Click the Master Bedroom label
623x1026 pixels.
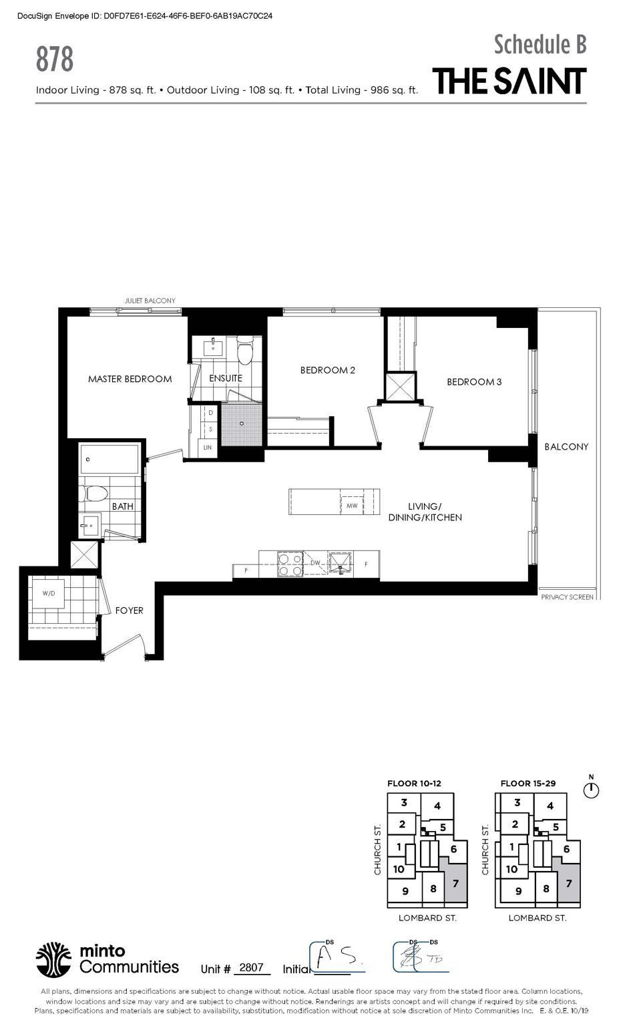(x=130, y=379)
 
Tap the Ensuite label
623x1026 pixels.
(x=226, y=378)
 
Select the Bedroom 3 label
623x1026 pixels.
(x=474, y=382)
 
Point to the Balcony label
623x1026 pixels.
(x=566, y=447)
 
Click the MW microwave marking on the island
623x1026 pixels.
(x=352, y=506)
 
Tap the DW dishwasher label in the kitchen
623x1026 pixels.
(x=315, y=563)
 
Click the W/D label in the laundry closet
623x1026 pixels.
(x=49, y=593)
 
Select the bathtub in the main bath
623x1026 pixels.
(x=110, y=460)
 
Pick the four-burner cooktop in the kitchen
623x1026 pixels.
(x=290, y=564)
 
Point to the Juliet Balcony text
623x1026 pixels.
(x=150, y=301)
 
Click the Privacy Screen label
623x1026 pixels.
(x=567, y=597)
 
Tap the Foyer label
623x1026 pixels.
(x=129, y=611)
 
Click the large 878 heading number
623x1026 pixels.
(x=55, y=59)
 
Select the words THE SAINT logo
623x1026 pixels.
(x=509, y=81)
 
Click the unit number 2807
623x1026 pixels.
(x=251, y=968)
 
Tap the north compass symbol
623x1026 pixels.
(x=591, y=790)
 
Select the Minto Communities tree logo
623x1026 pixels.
(x=53, y=960)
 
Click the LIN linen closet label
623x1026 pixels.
(x=208, y=448)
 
